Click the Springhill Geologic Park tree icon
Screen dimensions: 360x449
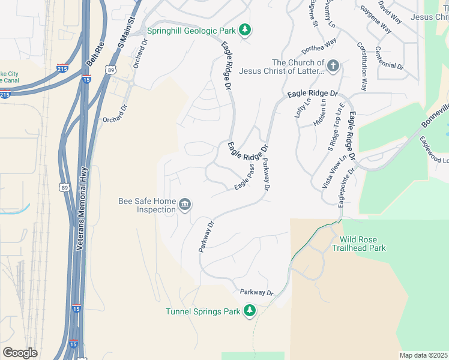(244, 29)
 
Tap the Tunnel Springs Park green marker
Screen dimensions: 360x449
(249, 311)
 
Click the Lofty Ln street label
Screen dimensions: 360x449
(302, 109)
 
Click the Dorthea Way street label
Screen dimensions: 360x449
(319, 46)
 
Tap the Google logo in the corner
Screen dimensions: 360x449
(20, 352)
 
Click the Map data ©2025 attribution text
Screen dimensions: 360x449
(423, 355)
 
